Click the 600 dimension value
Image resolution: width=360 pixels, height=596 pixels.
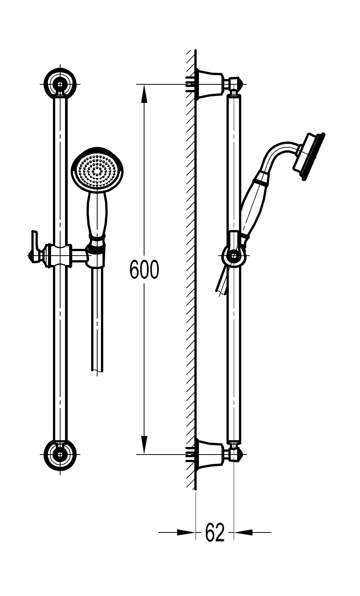click(144, 269)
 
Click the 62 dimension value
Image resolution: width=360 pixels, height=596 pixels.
click(214, 532)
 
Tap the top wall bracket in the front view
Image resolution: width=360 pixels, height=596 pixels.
click(60, 83)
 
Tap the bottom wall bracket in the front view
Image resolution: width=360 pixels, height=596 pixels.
click(60, 454)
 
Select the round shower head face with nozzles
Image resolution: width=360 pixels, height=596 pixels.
click(97, 170)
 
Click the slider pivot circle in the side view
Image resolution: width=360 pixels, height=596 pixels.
click(234, 256)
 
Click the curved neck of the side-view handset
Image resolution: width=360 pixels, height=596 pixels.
click(280, 151)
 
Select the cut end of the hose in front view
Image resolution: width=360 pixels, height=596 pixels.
click(97, 369)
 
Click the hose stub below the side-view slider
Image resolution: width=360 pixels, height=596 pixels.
click(222, 282)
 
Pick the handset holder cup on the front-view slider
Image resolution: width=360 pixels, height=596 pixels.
click(96, 257)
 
